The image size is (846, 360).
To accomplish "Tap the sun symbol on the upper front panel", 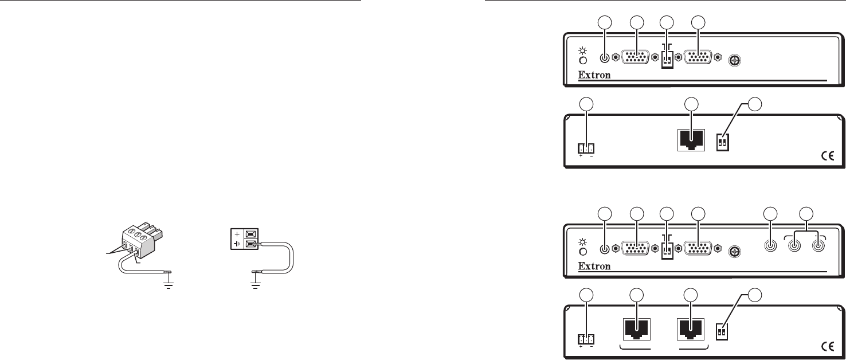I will [x=582, y=49].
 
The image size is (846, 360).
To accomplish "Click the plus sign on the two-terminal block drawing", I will [x=236, y=234].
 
